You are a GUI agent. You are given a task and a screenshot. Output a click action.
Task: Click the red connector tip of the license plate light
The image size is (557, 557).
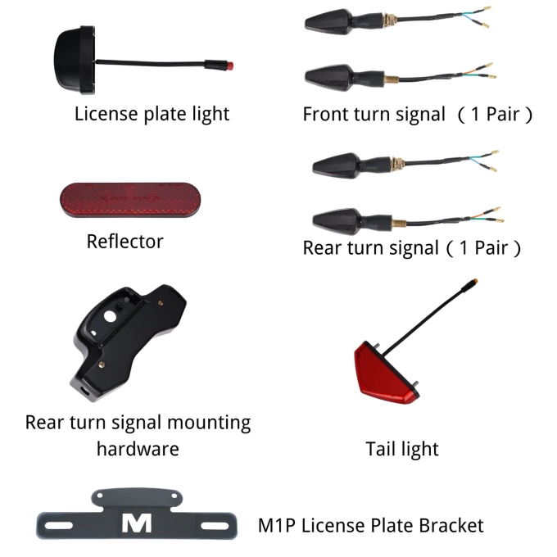[230, 66]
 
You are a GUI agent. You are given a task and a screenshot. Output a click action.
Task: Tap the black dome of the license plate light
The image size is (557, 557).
[67, 59]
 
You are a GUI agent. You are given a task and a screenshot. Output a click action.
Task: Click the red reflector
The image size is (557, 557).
[130, 200]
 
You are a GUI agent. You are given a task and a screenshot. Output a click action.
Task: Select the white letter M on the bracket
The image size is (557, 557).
[137, 523]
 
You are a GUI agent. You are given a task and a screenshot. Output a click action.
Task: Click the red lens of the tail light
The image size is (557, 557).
[383, 374]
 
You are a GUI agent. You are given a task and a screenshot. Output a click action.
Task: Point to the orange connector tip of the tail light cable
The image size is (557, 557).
[475, 282]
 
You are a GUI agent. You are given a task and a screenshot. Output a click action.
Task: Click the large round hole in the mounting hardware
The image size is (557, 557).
[110, 316]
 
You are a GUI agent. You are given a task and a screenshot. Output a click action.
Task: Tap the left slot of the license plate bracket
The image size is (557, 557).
[59, 525]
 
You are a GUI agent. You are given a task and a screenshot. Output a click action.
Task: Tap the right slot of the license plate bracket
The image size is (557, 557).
[215, 526]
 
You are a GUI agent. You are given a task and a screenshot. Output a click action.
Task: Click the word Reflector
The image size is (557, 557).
[125, 242]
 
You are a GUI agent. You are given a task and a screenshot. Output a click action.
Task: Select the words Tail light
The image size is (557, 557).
[402, 449]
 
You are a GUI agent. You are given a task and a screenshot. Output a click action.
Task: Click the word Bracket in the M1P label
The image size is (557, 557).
[451, 525]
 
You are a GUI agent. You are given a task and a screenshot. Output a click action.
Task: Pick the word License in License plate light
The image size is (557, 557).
[106, 114]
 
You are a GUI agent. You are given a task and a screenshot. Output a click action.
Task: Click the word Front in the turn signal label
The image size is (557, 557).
[324, 114]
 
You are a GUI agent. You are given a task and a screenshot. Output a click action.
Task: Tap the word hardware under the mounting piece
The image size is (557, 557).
[138, 449]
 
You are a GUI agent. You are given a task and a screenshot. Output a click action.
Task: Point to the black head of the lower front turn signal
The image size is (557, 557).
[329, 78]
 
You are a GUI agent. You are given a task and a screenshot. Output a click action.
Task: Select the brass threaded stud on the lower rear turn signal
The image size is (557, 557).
[399, 224]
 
